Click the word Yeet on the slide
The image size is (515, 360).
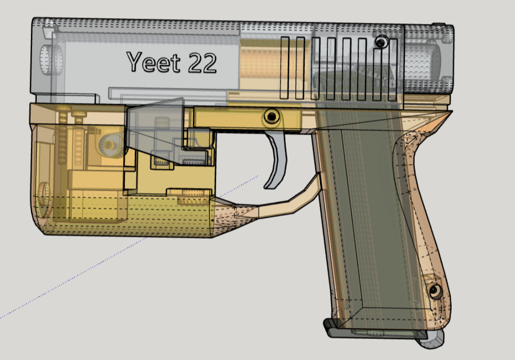(x=153, y=62)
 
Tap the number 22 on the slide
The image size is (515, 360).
(x=202, y=63)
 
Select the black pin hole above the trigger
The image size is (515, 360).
(x=271, y=116)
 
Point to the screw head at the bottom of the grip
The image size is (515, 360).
(x=434, y=290)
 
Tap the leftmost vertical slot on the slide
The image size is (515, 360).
(x=285, y=68)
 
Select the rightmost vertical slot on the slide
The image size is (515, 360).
(x=393, y=70)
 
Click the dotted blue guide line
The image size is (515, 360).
(x=129, y=247)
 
